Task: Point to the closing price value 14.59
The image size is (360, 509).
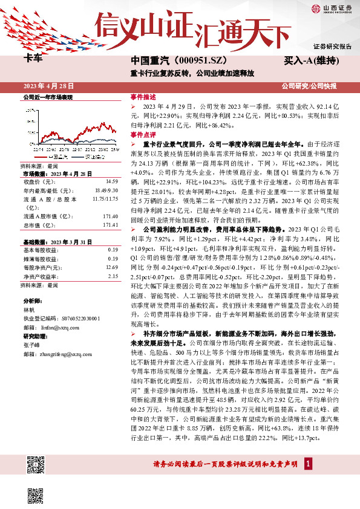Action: click(x=111, y=181)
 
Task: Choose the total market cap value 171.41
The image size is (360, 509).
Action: click(x=110, y=225)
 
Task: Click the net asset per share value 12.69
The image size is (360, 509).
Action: click(x=111, y=267)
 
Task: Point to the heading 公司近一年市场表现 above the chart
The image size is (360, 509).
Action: click(x=48, y=97)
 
